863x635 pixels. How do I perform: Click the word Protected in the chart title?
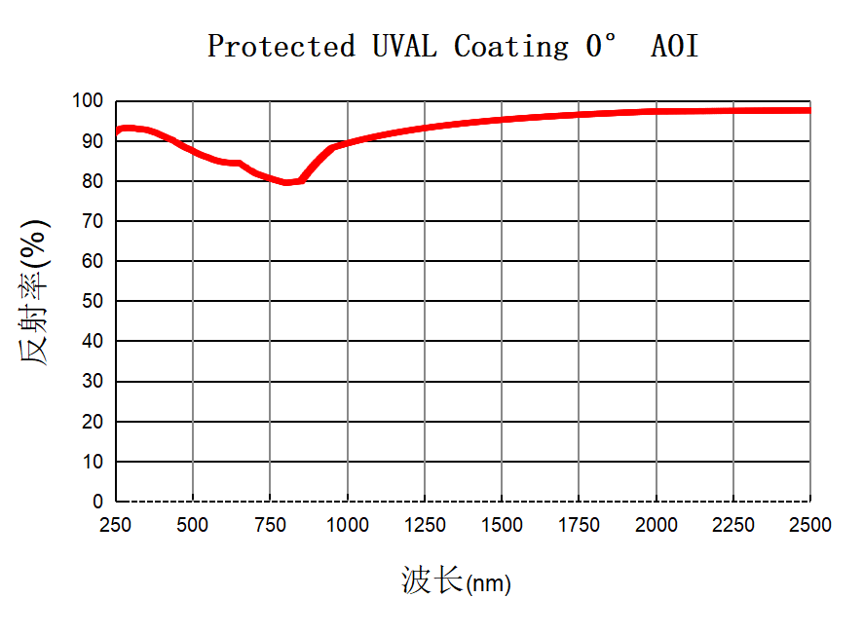pyautogui.click(x=281, y=46)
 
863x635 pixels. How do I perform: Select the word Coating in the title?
pyautogui.click(x=511, y=46)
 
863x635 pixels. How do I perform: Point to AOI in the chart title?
pyautogui.click(x=675, y=46)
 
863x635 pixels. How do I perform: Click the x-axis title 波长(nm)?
pyautogui.click(x=456, y=581)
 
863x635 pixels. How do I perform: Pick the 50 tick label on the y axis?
pyautogui.click(x=93, y=301)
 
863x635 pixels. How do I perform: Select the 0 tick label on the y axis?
pyautogui.click(x=97, y=502)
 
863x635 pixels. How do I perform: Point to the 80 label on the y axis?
pyautogui.click(x=93, y=181)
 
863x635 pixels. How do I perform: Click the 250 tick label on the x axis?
pyautogui.click(x=116, y=525)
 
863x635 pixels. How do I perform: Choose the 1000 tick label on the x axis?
pyautogui.click(x=347, y=525)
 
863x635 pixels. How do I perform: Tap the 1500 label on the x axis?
pyautogui.click(x=502, y=525)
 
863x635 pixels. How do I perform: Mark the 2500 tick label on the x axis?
pyautogui.click(x=810, y=525)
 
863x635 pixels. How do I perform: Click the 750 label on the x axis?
pyautogui.click(x=270, y=525)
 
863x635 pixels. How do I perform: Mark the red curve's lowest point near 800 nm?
pyautogui.click(x=286, y=182)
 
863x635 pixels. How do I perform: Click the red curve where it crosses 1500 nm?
pyautogui.click(x=502, y=120)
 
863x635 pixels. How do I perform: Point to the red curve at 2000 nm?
pyautogui.click(x=656, y=112)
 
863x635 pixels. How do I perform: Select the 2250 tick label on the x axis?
pyautogui.click(x=733, y=525)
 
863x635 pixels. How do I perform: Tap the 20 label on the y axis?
pyautogui.click(x=93, y=422)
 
